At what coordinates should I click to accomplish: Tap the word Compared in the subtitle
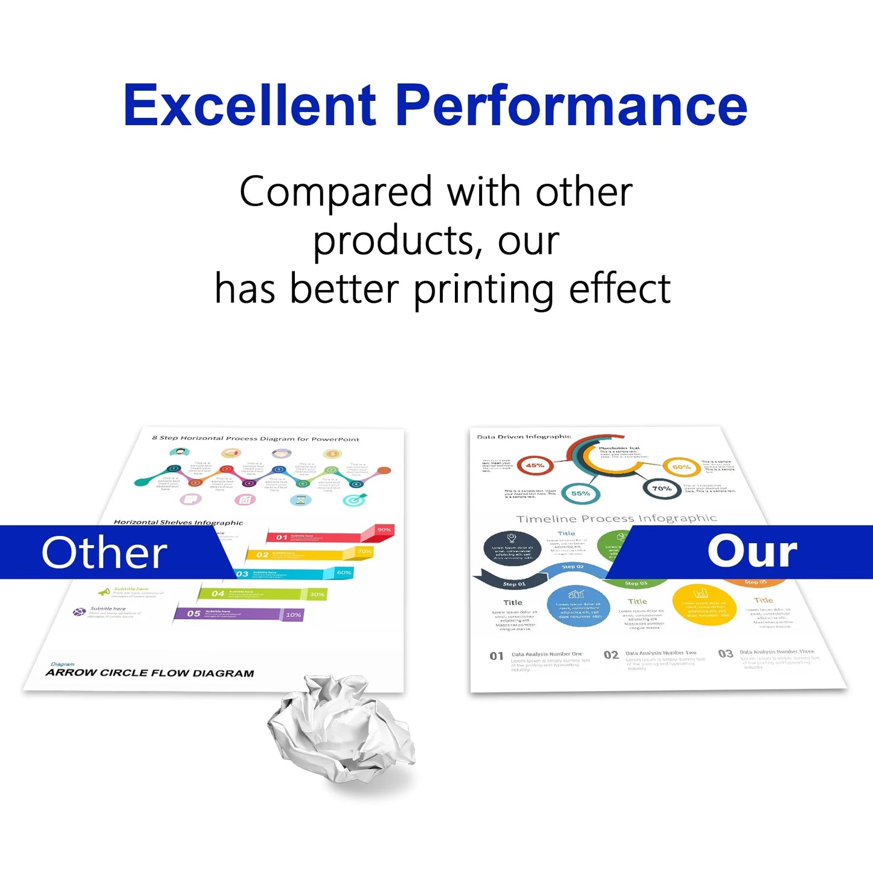point(336,192)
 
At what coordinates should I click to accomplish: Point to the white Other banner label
point(104,553)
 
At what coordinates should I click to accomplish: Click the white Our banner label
point(752,552)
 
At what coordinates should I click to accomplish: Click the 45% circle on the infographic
point(535,465)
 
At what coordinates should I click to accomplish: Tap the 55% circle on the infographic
point(580,494)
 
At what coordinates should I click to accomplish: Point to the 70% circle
point(662,488)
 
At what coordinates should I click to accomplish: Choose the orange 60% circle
point(681,467)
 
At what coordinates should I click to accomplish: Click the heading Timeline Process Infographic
point(616,518)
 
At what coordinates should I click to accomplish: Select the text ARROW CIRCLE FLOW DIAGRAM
point(150,673)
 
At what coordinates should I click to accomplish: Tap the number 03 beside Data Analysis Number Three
point(726,654)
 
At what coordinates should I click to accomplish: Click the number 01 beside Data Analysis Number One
point(497,656)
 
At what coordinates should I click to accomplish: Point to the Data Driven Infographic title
point(524,437)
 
